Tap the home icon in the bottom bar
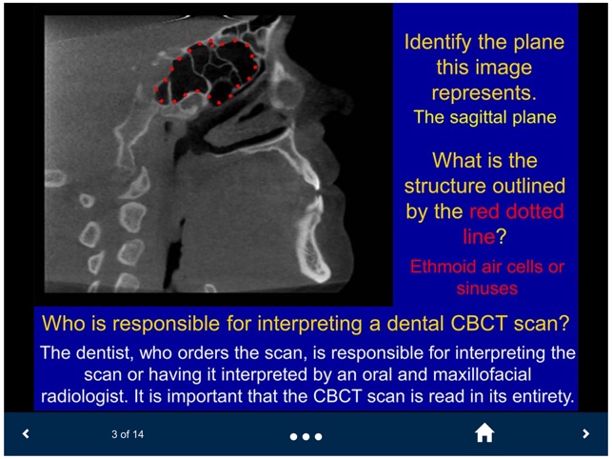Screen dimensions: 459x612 pos(484,433)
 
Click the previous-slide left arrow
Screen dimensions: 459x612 pos(26,434)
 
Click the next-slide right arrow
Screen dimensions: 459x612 pos(585,434)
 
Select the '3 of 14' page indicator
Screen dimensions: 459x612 pos(127,435)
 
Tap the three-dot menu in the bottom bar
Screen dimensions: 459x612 pos(306,436)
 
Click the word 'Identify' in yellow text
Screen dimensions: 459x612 pos(439,43)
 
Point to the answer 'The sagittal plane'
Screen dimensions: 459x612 pos(484,118)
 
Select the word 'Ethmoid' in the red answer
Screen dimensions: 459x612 pos(446,266)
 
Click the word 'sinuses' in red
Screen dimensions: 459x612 pos(484,288)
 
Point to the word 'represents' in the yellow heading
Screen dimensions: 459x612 pos(482,93)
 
